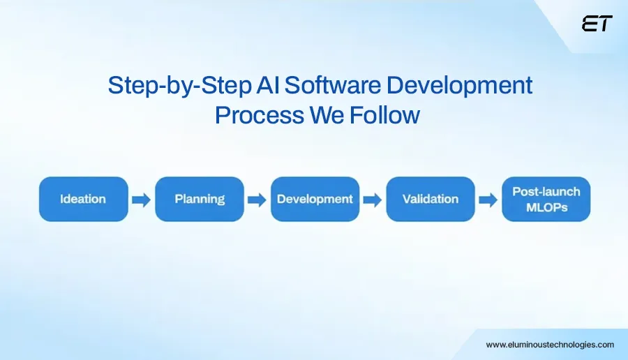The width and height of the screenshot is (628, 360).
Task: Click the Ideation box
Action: pos(83,200)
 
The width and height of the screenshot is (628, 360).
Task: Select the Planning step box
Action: pos(200,200)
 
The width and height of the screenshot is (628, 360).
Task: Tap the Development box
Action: pos(315,200)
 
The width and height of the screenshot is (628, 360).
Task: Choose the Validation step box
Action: pos(431,200)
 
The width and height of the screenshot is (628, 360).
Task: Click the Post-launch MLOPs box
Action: pos(546,200)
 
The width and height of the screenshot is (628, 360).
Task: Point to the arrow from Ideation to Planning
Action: pos(141,200)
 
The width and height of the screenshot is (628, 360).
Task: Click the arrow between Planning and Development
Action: pos(257,200)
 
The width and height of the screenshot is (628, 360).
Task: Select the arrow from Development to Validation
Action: pos(373,200)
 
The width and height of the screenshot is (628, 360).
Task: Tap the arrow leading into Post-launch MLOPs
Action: pos(488,200)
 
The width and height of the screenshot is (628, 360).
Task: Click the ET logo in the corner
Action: pos(597,24)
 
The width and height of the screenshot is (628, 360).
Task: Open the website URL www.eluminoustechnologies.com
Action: pos(550,345)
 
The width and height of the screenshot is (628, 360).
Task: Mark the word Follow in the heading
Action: pos(385,114)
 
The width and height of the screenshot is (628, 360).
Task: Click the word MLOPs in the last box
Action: pos(546,208)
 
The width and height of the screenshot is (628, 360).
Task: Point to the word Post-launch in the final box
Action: pos(546,191)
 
